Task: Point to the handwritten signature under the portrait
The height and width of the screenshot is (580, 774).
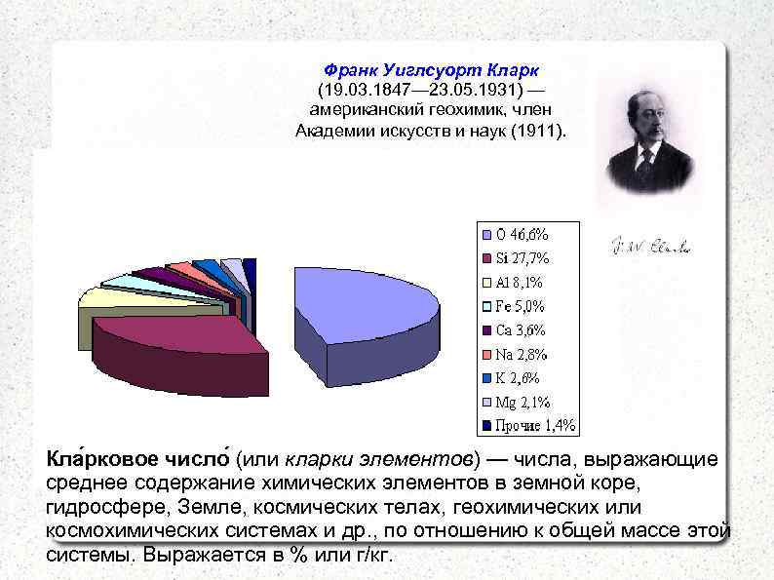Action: click(x=650, y=248)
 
